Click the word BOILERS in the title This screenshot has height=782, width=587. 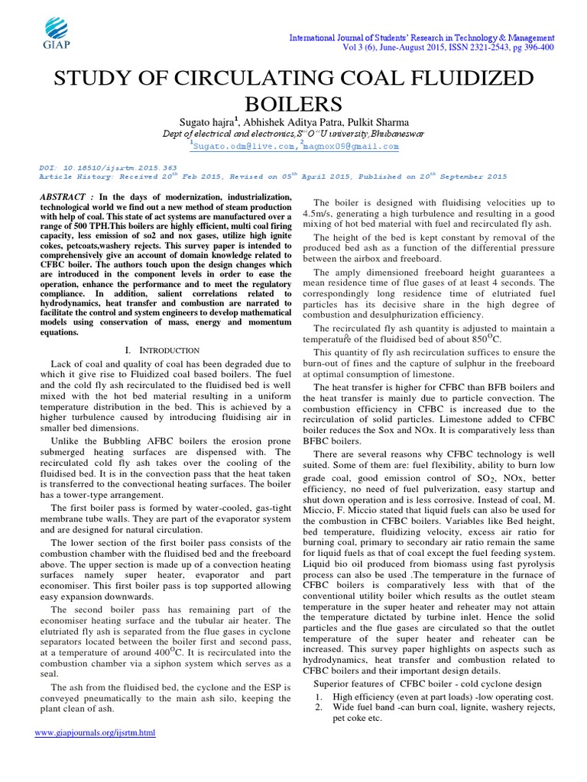click(293, 104)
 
